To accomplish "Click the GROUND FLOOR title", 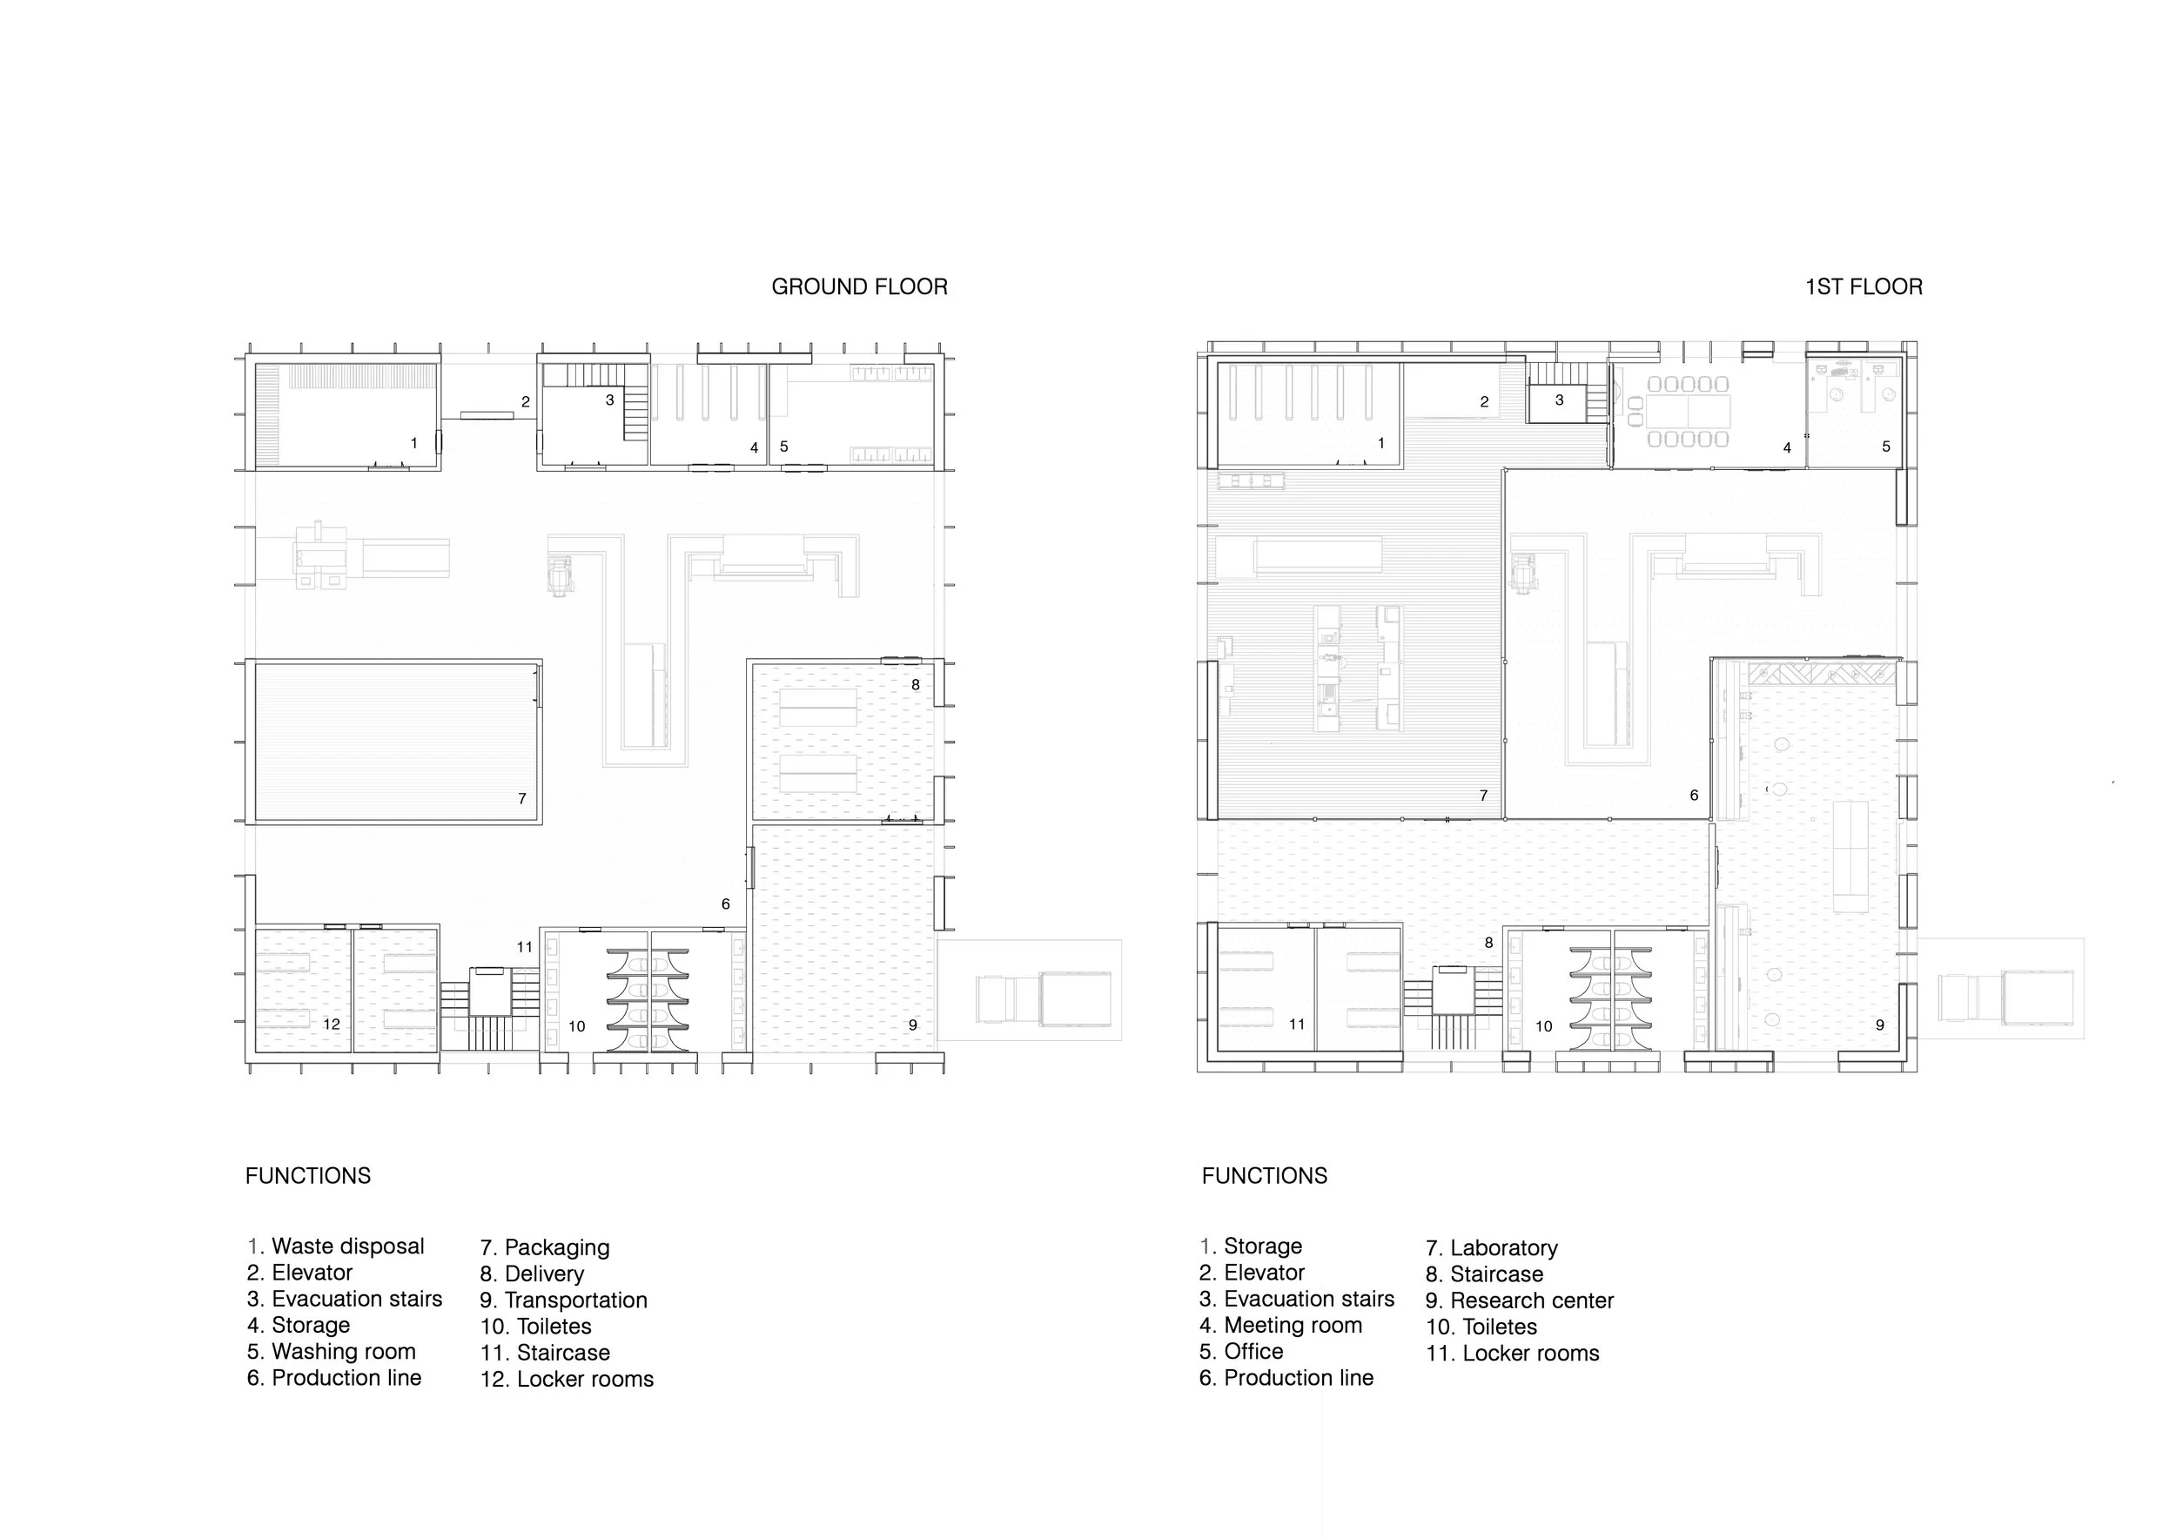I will (x=858, y=287).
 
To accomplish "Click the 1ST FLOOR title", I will (x=1864, y=287).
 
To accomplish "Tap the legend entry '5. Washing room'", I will (x=331, y=1351).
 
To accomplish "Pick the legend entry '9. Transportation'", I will (x=564, y=1300).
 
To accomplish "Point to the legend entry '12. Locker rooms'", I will (x=567, y=1379).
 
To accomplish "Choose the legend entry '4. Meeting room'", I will (x=1280, y=1325).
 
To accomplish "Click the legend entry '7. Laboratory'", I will (x=1492, y=1248).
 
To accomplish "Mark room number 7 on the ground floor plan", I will (x=522, y=799).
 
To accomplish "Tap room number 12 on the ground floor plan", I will (x=331, y=1024).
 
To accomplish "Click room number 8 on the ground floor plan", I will (x=916, y=684).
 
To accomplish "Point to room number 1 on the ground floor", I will (x=413, y=442).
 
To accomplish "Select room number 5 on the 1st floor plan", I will (x=1886, y=447).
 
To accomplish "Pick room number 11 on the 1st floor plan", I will (x=1297, y=1024).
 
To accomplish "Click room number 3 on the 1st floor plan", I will (x=1559, y=400).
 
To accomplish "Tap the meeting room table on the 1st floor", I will (x=1689, y=410).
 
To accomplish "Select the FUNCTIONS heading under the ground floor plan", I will (x=308, y=1176).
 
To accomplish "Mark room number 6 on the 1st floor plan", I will (x=1694, y=795).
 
